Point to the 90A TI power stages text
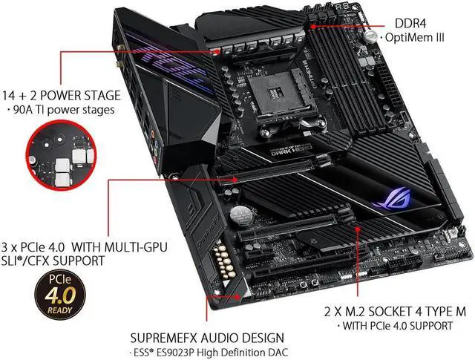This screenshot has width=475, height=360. [x=64, y=110]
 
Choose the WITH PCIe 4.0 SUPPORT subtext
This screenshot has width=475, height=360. [x=394, y=326]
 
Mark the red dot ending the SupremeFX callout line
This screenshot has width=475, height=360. [x=237, y=296]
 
